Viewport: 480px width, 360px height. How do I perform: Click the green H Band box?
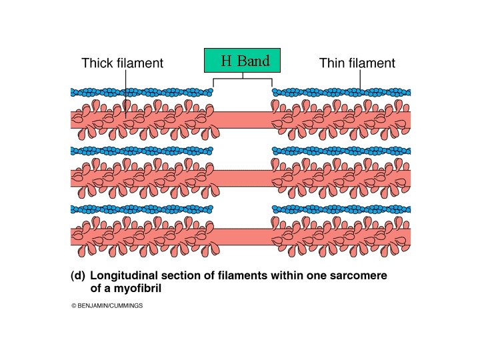243,61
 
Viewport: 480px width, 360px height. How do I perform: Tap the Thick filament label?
122,64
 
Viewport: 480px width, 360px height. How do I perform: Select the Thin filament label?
357,64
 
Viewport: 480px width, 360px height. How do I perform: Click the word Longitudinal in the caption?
123,275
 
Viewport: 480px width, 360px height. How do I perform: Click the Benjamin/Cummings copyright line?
107,306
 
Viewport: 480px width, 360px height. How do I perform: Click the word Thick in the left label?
97,64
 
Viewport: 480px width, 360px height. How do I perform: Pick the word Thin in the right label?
332,64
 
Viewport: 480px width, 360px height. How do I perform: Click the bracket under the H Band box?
243,80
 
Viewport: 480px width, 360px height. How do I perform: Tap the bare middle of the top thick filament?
243,119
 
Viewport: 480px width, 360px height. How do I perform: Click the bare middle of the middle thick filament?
243,178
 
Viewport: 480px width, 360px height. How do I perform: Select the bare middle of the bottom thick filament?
243,237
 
